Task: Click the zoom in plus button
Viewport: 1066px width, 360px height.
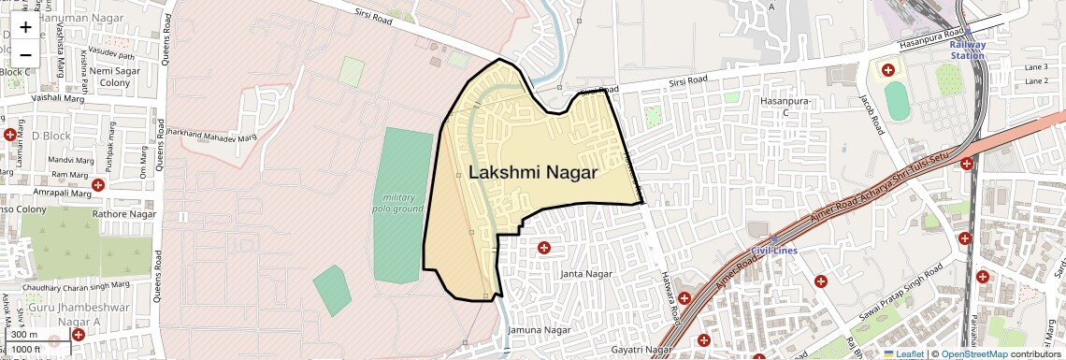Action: pos(25,27)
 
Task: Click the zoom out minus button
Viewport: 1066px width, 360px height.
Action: pos(25,54)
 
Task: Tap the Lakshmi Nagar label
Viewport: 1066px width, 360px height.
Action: pos(532,173)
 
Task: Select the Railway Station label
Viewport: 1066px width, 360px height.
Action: pos(967,50)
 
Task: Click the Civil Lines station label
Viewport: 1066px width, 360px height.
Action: pos(773,250)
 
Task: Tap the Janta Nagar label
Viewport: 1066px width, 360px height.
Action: pos(585,274)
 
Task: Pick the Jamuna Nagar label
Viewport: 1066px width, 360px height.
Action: pos(539,331)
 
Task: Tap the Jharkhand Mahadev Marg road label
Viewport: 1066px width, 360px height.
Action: pos(210,137)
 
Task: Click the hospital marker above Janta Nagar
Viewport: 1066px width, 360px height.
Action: pos(543,248)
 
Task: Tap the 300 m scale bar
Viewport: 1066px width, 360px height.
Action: pos(25,335)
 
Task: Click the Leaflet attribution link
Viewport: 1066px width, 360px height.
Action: pos(903,354)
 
